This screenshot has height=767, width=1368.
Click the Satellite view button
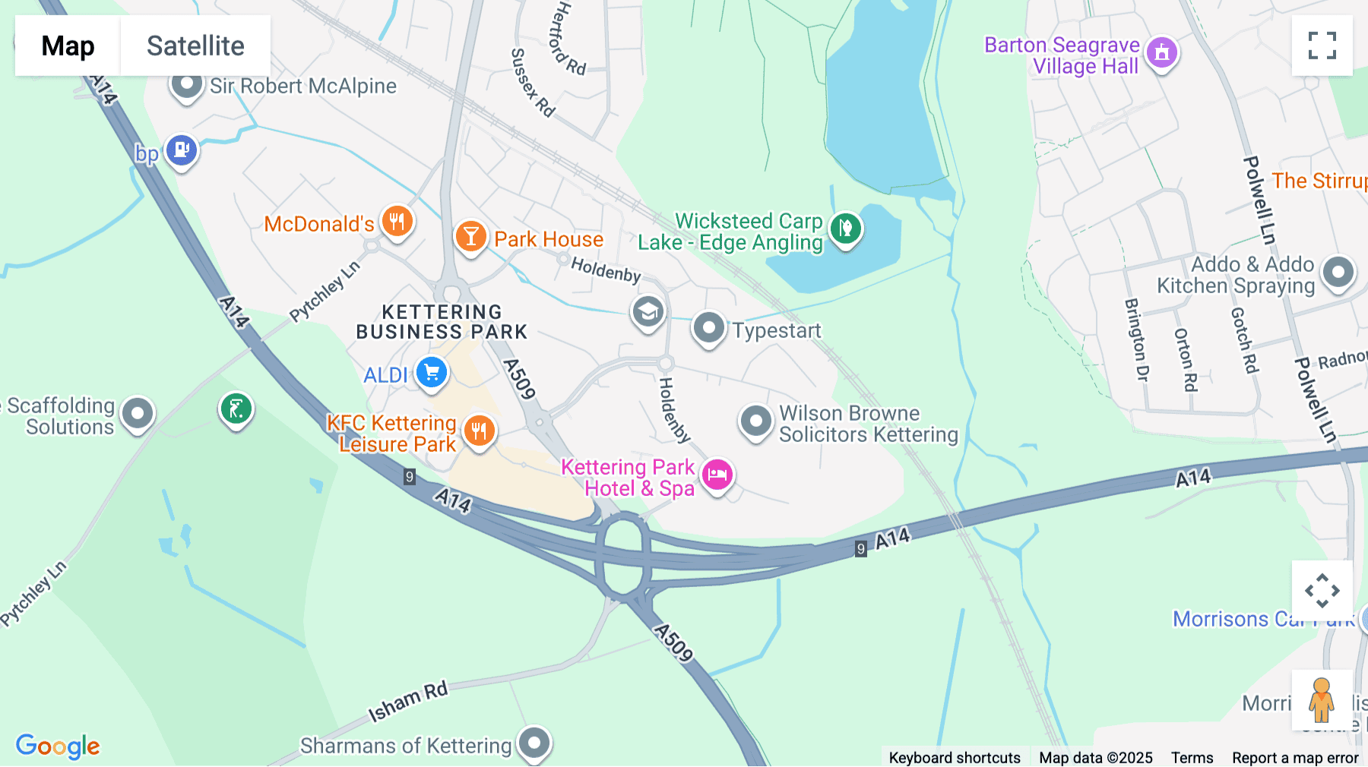pos(195,46)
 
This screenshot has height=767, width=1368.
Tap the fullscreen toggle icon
pos(1322,46)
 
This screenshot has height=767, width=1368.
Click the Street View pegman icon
pos(1322,699)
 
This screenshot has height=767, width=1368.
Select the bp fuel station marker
pos(182,150)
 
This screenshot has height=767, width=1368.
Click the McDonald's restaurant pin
pos(397,223)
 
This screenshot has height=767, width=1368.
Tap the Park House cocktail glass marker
pos(470,237)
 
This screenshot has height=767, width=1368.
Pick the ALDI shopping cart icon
pos(432,373)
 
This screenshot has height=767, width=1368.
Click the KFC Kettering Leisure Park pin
pos(479,431)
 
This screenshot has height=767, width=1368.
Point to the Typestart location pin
pos(708,328)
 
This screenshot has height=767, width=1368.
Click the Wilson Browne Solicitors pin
pos(755,420)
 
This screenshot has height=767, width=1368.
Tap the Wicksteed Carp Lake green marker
pos(845,227)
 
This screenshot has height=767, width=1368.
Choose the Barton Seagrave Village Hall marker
pos(1161,52)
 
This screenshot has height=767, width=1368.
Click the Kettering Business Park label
pos(442,322)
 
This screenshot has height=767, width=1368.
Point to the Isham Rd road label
pos(408,702)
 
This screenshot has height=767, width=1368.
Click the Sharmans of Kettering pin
pos(534,742)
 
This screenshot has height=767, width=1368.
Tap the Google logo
pos(58,746)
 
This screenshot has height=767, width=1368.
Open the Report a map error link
pos(1295,758)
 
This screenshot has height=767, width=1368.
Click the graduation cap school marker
pos(648,311)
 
